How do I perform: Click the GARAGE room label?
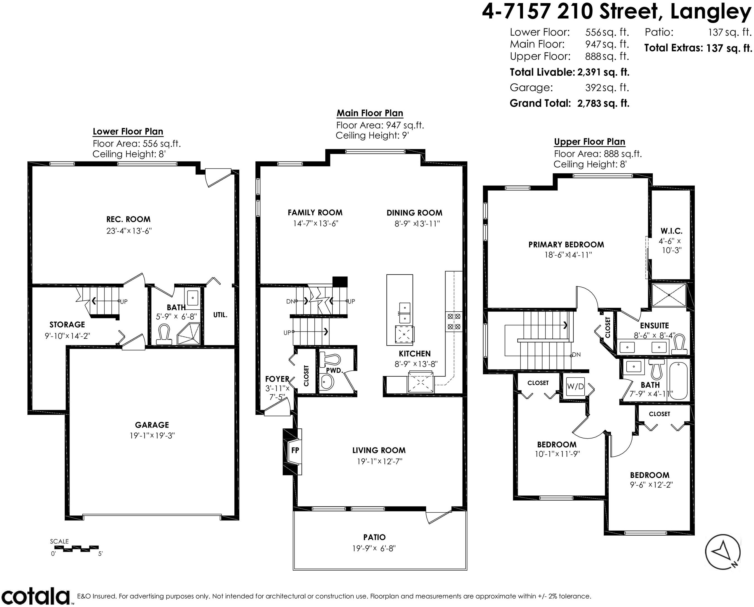pos(152,425)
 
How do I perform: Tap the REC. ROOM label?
pos(128,219)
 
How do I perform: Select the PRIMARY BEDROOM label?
pos(566,245)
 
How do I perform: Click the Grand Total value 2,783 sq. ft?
pos(603,104)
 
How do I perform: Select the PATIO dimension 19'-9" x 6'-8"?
pos(374,548)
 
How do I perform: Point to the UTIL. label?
pos(220,315)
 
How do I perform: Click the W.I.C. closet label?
pos(671,231)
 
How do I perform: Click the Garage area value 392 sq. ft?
pos(607,87)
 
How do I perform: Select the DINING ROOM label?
pos(414,213)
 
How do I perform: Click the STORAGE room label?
pos(67,324)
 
